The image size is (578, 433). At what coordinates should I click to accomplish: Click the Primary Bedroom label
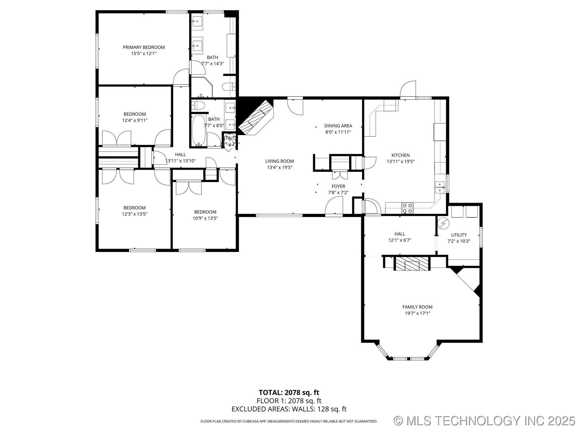click(144, 47)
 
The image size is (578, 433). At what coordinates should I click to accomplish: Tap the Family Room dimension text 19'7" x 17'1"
click(417, 313)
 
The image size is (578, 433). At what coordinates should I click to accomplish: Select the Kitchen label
click(400, 155)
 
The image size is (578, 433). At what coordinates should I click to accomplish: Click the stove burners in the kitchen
click(408, 208)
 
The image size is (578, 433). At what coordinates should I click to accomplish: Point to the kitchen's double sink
click(440, 187)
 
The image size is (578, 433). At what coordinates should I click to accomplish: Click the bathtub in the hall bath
click(199, 131)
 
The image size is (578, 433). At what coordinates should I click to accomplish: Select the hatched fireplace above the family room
click(412, 264)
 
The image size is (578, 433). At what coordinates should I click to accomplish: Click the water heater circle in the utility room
click(443, 223)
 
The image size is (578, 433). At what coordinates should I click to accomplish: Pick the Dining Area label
click(338, 126)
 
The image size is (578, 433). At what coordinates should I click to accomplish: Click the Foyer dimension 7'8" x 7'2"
click(338, 192)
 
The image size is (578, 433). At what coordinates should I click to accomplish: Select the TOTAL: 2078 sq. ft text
click(289, 392)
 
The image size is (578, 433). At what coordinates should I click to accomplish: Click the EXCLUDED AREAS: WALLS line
click(289, 409)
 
